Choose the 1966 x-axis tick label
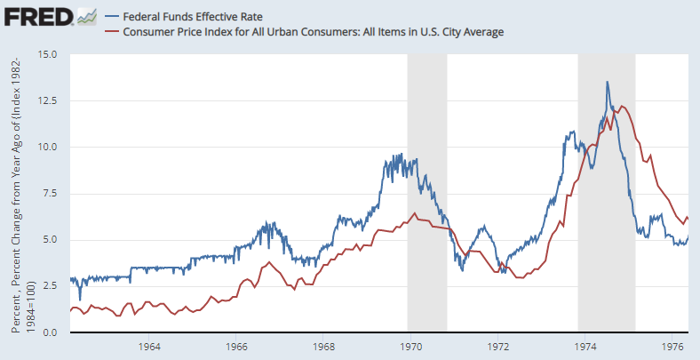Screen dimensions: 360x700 click(x=236, y=346)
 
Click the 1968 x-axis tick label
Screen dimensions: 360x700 click(x=323, y=346)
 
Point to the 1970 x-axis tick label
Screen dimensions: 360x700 click(x=411, y=346)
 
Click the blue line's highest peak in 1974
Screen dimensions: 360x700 click(x=608, y=82)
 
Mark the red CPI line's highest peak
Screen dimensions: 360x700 click(x=622, y=106)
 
